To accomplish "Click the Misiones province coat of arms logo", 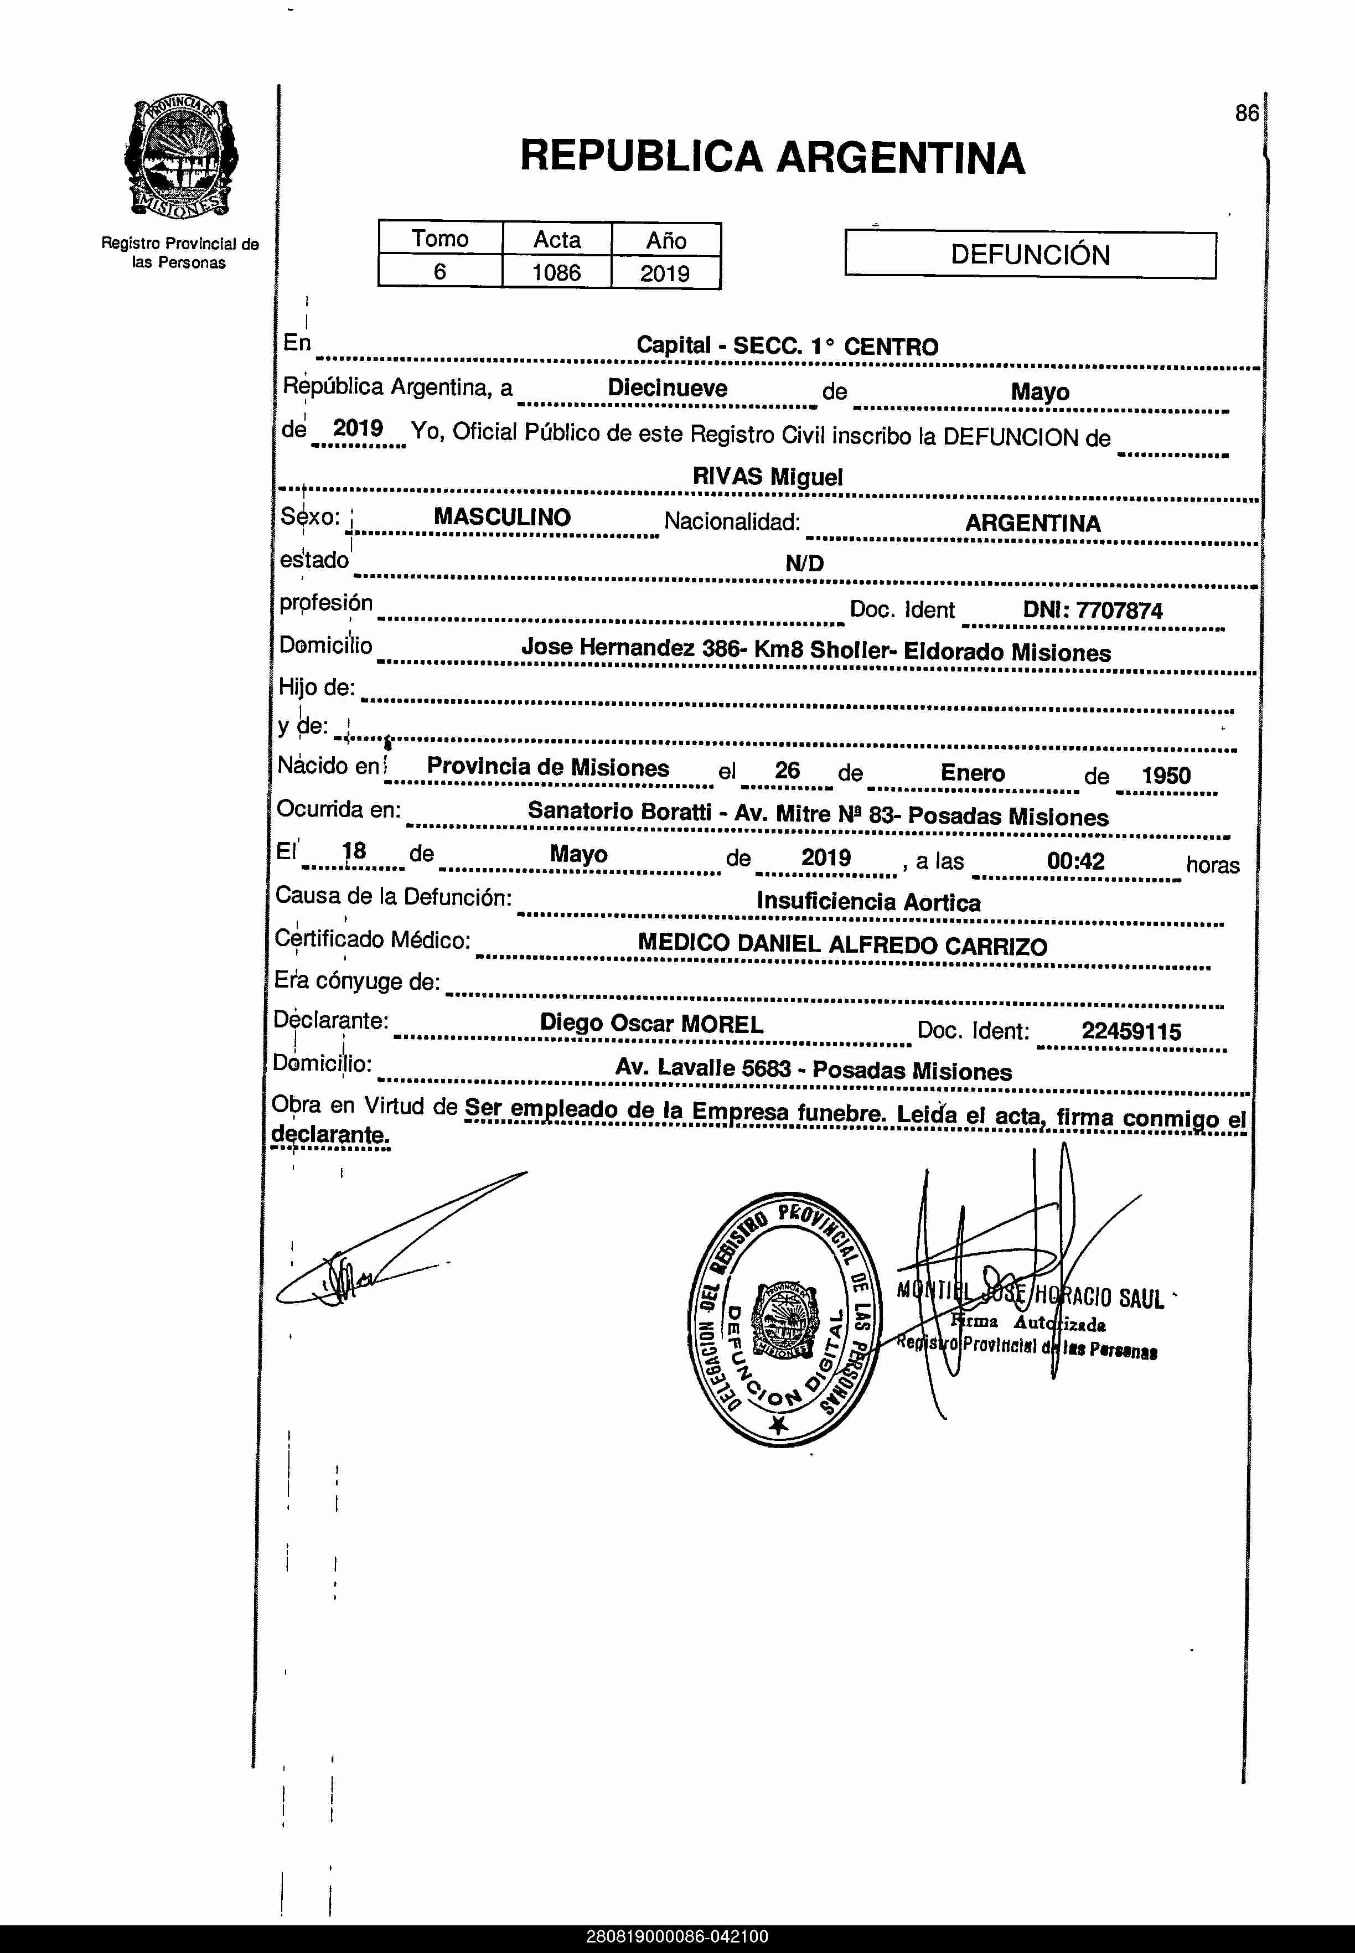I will [x=180, y=159].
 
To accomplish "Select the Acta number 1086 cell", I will [x=557, y=272].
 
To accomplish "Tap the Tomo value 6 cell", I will [x=440, y=272].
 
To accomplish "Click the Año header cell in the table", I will [x=666, y=240].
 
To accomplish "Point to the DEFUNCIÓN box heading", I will [x=1030, y=255].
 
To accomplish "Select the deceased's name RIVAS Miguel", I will [x=768, y=477].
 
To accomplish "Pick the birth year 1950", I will [x=1166, y=775].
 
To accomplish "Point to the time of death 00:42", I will [x=1075, y=861].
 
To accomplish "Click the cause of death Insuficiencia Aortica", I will [x=868, y=902].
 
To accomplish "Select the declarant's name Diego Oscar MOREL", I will [x=651, y=1024].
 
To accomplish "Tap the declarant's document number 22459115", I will [x=1131, y=1032].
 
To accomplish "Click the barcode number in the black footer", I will [x=676, y=1937].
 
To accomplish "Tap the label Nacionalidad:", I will [x=732, y=521].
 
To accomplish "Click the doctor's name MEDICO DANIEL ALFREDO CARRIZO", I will [x=842, y=944].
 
